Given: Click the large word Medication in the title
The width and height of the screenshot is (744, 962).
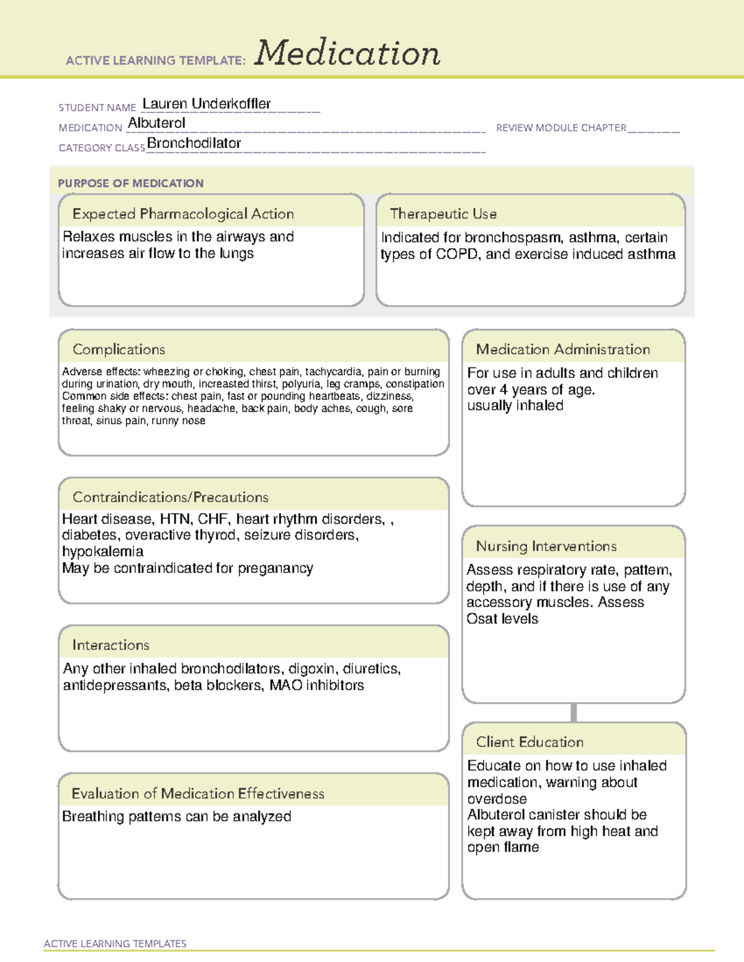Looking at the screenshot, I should point(347,53).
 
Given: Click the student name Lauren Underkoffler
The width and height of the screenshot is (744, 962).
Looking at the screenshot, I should point(206,104).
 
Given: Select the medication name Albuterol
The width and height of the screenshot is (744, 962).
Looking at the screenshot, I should point(156,123).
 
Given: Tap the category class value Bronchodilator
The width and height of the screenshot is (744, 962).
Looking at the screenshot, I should point(194,143).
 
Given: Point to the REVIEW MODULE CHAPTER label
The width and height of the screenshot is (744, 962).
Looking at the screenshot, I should point(561,128).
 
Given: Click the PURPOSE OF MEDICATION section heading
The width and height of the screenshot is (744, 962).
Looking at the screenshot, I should point(130,183).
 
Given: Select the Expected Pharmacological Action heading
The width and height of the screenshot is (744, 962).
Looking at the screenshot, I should point(183,214).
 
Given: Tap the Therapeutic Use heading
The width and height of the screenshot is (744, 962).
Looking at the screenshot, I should point(443,214).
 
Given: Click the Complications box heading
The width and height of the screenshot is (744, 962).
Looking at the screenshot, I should point(118,349).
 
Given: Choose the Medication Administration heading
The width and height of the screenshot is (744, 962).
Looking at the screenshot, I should point(563,349).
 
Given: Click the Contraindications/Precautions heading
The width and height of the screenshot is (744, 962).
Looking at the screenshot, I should point(170,497).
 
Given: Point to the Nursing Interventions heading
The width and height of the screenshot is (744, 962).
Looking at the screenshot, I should point(546,546).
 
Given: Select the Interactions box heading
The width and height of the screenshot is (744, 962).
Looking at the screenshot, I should point(110,645).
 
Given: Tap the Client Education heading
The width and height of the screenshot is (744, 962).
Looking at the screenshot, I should point(529,742).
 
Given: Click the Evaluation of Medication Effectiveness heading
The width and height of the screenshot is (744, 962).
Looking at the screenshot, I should point(198,794).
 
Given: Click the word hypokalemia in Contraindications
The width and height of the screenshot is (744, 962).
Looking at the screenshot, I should point(102,551).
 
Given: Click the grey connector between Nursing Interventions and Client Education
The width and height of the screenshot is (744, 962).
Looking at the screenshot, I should point(573,712).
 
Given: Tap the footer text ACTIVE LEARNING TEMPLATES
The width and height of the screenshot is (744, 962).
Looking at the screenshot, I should point(115,943).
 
